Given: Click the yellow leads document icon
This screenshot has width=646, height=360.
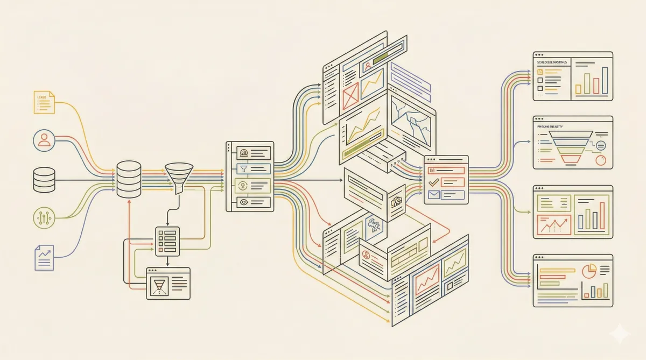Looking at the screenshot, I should [44, 102].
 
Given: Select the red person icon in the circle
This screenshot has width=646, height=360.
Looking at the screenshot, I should [44, 140].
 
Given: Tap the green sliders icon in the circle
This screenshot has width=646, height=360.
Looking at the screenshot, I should [44, 217].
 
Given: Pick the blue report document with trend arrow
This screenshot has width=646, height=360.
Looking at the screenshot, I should [44, 257].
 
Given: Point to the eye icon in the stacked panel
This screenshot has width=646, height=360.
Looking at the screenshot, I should [244, 202].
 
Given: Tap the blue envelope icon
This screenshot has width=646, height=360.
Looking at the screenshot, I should [433, 195].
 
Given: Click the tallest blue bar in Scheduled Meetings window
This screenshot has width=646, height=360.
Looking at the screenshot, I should [605, 81].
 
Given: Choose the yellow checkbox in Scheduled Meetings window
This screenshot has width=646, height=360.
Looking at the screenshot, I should [540, 72].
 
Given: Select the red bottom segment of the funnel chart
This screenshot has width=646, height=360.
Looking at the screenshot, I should [571, 159].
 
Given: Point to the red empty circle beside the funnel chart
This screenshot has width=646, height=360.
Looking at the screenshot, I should [601, 160].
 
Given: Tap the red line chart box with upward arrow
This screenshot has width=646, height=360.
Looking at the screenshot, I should [553, 224].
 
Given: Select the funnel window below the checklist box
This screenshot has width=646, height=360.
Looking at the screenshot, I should [168, 283].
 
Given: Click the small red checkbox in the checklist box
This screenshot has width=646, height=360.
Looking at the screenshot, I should [160, 250].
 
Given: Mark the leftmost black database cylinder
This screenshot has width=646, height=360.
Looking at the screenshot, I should [44, 180].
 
